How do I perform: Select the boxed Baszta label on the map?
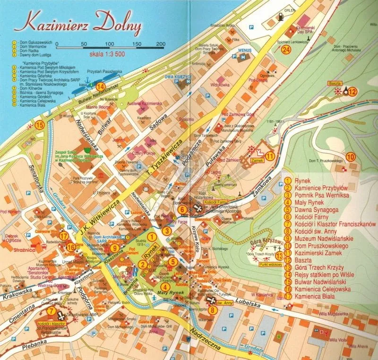point(335,83)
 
